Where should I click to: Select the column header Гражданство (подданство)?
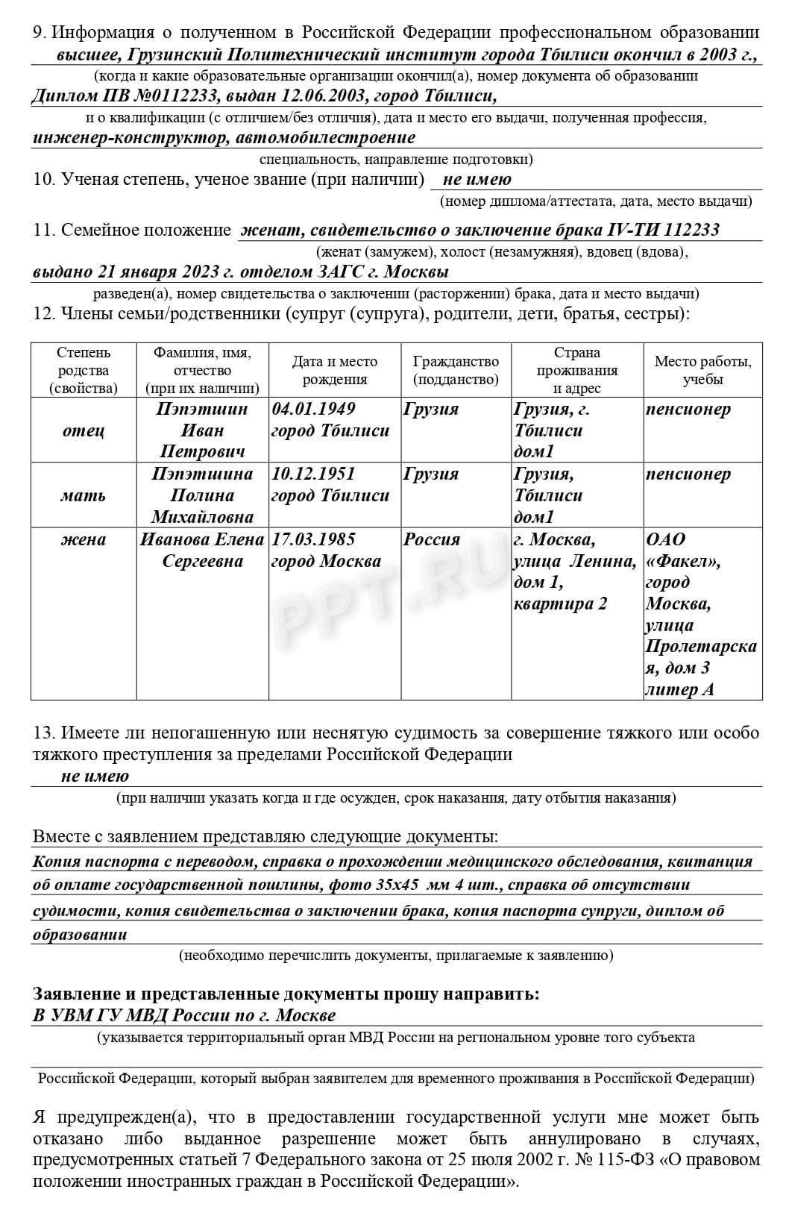456,370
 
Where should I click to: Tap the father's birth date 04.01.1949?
313,409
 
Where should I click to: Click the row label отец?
84,430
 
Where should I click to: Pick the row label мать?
84,495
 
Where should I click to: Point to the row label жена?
84,539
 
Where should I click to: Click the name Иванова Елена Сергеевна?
202,550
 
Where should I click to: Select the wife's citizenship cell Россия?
432,539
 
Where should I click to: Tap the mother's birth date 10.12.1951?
313,474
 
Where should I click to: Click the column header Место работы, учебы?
702,370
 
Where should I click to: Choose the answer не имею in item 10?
477,179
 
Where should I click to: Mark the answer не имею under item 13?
95,776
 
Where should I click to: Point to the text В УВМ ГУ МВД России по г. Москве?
184,1015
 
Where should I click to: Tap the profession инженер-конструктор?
131,137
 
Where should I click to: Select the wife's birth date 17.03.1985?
313,539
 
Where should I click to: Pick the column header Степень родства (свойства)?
84,370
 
